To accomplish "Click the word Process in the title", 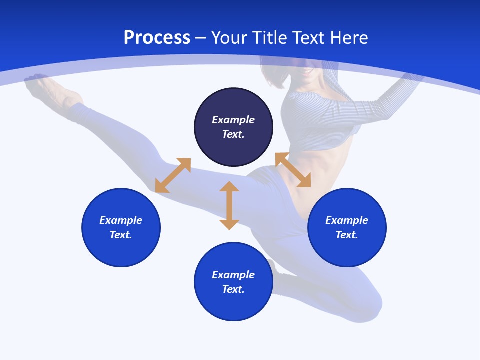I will pos(157,38).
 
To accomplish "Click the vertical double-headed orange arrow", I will pos(229,205).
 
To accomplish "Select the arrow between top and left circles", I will pos(173,175).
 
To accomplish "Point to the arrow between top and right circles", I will pos(293,170).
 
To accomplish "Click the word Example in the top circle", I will pos(233,120).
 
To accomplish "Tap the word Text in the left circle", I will pos(121,235).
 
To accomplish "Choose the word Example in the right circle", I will pos(347,220).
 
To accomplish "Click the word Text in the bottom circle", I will pos(233,289).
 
